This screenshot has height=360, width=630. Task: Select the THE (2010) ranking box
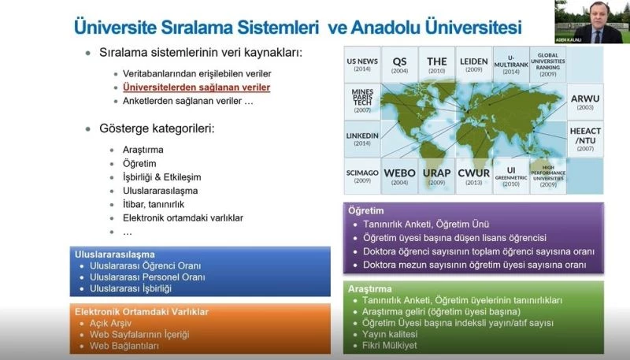pos(437,65)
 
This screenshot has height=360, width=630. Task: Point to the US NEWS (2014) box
pos(363,65)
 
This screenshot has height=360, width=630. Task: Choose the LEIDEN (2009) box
pos(473,65)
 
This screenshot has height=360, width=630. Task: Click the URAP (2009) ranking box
pos(437,176)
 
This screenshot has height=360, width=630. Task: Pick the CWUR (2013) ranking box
pos(474,176)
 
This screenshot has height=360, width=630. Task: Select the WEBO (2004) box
pos(400,176)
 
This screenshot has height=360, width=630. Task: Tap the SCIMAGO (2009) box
pos(363,176)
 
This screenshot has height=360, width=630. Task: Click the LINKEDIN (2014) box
pos(363,139)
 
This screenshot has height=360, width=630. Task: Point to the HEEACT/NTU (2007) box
pos(584,139)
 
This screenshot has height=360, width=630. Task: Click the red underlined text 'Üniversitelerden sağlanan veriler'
pos(196,87)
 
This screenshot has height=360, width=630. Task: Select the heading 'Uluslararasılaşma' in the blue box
pos(114,255)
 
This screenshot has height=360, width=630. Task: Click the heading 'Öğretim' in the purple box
pos(368,211)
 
